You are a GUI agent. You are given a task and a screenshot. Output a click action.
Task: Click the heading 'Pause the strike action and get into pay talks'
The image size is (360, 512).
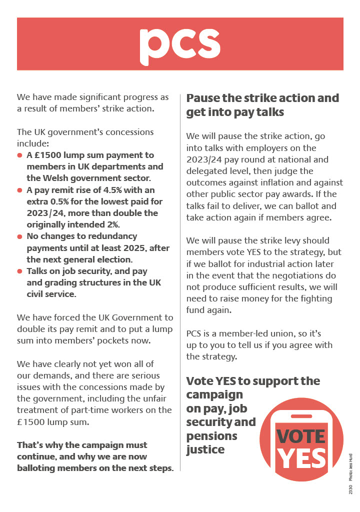262,105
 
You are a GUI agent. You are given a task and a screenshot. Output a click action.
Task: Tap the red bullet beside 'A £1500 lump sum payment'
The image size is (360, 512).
20,155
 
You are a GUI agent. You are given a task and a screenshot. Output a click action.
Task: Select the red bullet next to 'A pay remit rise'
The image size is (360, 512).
20,190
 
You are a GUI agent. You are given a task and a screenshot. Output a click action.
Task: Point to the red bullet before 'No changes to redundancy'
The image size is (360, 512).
20,236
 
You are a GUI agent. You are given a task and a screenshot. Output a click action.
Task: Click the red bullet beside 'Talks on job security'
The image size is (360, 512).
20,271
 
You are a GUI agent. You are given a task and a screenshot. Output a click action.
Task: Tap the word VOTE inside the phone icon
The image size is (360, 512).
301,436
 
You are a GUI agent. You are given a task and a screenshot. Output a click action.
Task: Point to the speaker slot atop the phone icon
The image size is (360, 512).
301,416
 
